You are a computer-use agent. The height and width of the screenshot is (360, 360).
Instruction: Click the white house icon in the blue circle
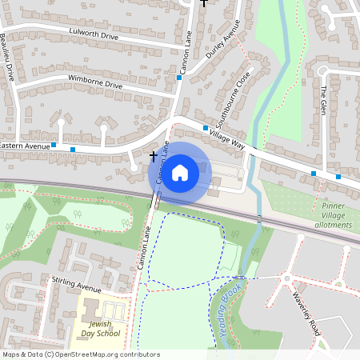point(180,172)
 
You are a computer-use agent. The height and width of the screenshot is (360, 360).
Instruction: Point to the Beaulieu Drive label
point(7,58)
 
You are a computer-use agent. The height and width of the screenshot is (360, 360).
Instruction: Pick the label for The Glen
point(324,100)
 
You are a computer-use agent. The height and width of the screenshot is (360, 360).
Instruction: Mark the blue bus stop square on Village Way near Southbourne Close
point(206,128)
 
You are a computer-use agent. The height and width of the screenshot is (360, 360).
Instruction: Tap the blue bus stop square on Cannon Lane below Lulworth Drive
point(179,78)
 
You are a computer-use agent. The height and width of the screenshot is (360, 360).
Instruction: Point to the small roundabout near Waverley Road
point(286,279)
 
